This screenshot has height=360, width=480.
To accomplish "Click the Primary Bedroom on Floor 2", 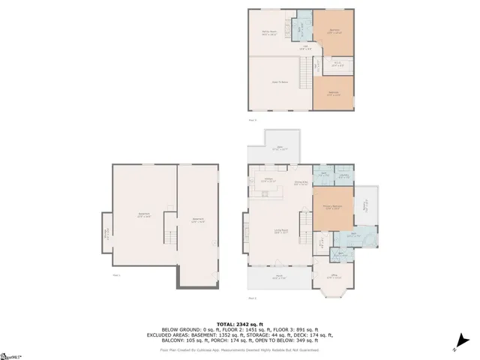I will [333, 208].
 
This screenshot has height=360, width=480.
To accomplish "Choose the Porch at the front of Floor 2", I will [277, 277].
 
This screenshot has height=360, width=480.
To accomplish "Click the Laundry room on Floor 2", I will [343, 176].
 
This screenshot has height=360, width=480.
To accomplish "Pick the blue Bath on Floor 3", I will [299, 28].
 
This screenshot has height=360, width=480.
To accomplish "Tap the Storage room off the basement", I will [106, 233].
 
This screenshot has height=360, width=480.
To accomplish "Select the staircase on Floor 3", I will [305, 75].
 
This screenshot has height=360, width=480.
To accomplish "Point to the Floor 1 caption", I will [116, 274].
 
